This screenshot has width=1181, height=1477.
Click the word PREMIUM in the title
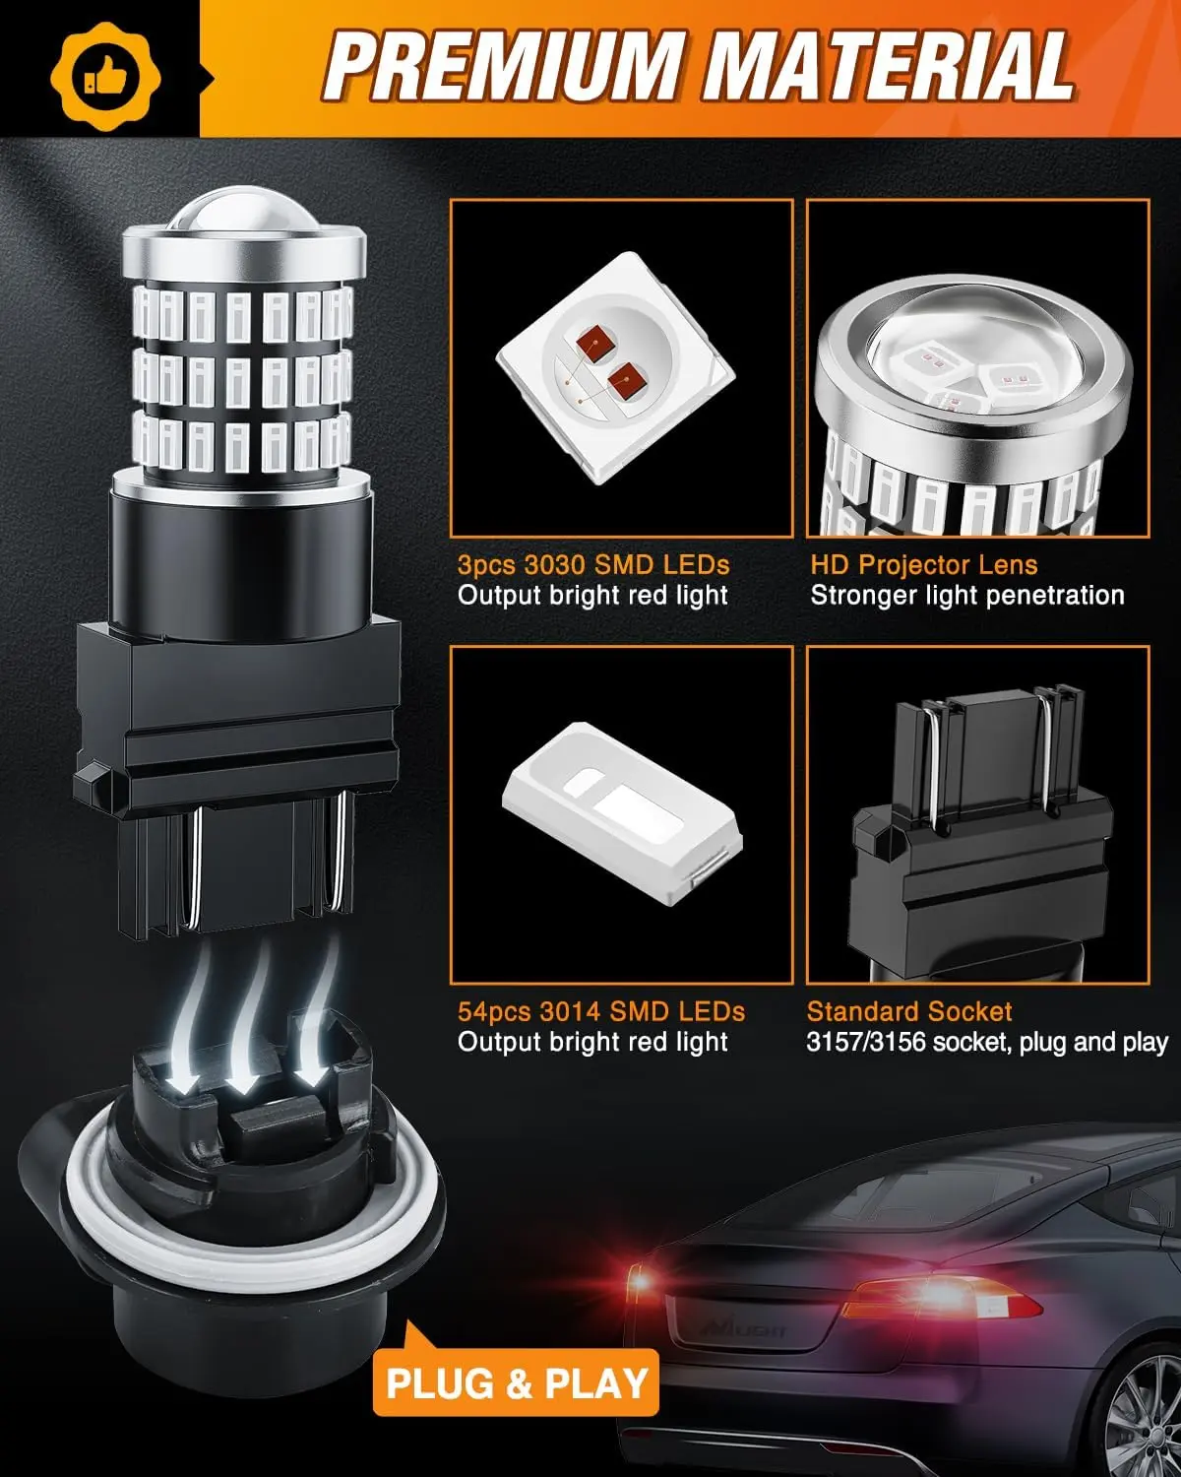(503, 67)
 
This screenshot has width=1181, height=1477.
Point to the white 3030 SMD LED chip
(616, 368)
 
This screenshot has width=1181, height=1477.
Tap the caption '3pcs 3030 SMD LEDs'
(593, 565)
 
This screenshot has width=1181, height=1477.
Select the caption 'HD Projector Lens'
(923, 565)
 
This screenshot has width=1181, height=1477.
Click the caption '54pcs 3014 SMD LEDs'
(600, 1011)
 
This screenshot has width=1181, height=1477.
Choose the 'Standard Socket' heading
(908, 1011)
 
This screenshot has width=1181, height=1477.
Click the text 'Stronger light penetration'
(966, 596)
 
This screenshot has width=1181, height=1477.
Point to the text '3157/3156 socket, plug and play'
(986, 1042)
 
